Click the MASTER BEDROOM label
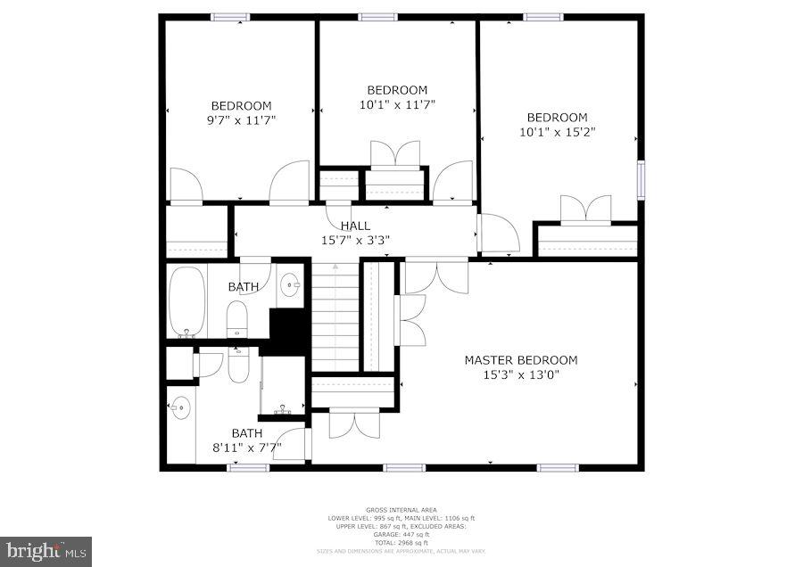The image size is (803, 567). pos(520,360)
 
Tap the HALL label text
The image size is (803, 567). pos(355,226)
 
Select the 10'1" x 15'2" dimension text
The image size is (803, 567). pos(557,132)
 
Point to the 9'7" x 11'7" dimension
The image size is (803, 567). pos(241,119)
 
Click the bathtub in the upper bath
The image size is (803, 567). pos(187,301)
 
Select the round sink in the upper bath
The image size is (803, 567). pos(290,285)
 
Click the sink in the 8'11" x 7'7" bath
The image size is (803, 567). pos(179,408)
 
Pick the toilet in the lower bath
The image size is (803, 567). pos(237,363)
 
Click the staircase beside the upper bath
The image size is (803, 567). pos(335,316)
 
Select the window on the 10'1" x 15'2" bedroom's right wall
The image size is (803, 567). pos(640,180)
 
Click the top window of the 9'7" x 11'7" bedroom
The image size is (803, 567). pos(230,16)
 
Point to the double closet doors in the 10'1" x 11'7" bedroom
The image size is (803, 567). pos(395,154)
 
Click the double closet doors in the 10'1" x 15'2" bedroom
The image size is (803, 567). pos(585,210)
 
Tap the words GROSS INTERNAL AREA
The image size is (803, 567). pos(401,510)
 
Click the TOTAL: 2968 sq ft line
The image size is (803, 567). pos(401,543)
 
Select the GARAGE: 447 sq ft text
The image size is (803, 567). pos(401,535)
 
